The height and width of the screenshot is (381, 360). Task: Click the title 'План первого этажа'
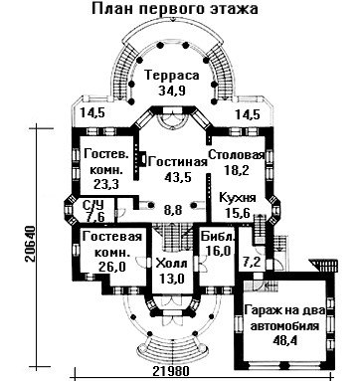click(175, 9)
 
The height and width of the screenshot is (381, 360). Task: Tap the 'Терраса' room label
click(172, 76)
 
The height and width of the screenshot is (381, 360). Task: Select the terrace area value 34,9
click(171, 91)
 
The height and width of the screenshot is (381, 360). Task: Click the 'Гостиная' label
click(178, 162)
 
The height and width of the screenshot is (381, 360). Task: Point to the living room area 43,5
click(178, 177)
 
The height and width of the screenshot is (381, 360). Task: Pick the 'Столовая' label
click(237, 155)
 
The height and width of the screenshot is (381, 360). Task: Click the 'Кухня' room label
click(238, 198)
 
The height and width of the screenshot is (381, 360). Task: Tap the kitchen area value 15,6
click(238, 212)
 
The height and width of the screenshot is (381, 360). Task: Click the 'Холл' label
click(171, 265)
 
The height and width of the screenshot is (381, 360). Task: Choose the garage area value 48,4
click(284, 340)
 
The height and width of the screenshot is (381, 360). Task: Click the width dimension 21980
click(171, 371)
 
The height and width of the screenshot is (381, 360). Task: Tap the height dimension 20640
click(30, 245)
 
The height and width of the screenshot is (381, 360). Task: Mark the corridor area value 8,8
click(173, 210)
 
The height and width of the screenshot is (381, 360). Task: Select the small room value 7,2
click(252, 262)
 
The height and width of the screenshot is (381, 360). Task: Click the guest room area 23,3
click(106, 184)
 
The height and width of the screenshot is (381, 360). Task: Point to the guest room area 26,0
click(112, 267)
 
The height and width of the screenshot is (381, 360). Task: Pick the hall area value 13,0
click(171, 279)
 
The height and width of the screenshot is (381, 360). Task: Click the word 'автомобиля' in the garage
click(284, 325)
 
